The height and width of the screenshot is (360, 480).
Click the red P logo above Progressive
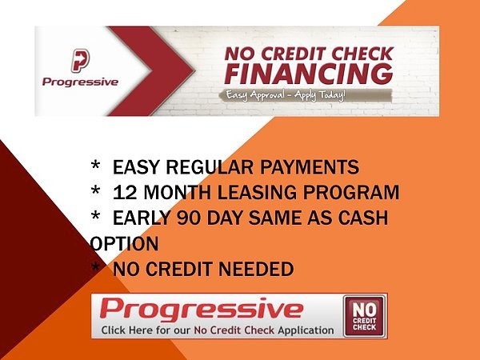[x=80, y=60]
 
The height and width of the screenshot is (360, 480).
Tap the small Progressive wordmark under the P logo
[x=80, y=82]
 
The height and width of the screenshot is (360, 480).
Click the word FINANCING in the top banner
[x=309, y=74]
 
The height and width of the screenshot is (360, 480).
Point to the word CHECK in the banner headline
[x=364, y=54]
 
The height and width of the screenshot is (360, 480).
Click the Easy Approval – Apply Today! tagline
[x=286, y=95]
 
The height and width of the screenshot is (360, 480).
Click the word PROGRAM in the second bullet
[x=351, y=193]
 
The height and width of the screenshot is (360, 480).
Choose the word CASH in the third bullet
[x=363, y=218]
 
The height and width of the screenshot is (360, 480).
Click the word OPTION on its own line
[x=125, y=244]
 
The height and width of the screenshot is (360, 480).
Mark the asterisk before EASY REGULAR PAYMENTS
[x=95, y=166]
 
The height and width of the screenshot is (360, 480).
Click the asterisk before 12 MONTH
[x=95, y=190]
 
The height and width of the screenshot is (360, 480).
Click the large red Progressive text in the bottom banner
[x=202, y=309]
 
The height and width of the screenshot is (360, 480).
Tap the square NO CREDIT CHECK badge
[x=364, y=316]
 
